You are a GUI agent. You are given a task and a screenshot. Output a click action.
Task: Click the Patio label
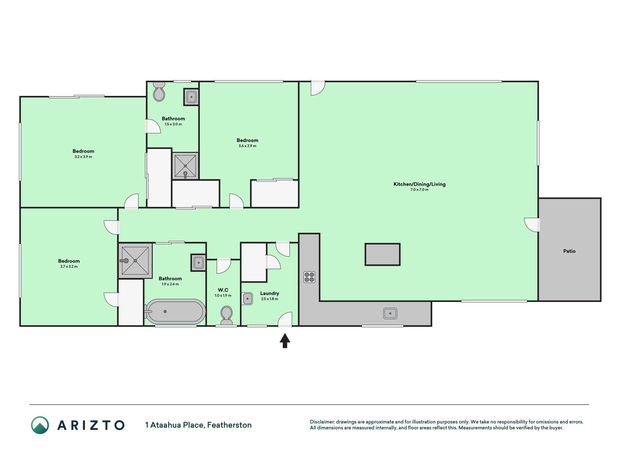[569, 251]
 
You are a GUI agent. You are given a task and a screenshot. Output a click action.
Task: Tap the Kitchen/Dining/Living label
[420, 184]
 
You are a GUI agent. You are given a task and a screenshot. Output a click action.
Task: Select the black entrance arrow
[285, 341]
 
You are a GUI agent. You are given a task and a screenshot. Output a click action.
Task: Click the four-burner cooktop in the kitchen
[309, 277]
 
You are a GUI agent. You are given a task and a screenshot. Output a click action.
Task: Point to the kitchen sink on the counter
[390, 313]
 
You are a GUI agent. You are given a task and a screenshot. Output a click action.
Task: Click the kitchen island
[382, 254]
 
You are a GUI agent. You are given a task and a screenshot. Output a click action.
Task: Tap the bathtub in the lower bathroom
[175, 312]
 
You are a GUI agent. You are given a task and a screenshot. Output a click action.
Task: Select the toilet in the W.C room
[227, 315]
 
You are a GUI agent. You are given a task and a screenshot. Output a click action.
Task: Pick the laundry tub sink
[247, 299]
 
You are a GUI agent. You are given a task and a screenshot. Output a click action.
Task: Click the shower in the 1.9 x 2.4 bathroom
[135, 260]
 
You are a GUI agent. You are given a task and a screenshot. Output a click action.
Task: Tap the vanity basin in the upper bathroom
[191, 97]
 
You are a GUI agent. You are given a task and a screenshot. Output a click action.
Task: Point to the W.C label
[223, 290]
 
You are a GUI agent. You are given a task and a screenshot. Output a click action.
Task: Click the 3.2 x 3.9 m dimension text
[83, 157]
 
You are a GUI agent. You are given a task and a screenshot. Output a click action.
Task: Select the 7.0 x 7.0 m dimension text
[420, 190]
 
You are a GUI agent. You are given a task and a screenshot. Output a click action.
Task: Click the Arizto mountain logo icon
[40, 425]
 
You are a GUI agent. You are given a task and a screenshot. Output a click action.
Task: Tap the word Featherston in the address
[229, 425]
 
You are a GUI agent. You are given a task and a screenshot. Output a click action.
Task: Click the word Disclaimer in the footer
[322, 422]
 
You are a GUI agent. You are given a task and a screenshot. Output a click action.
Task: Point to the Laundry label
[270, 293]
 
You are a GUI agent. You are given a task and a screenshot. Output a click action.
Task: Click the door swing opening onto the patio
[532, 225]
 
